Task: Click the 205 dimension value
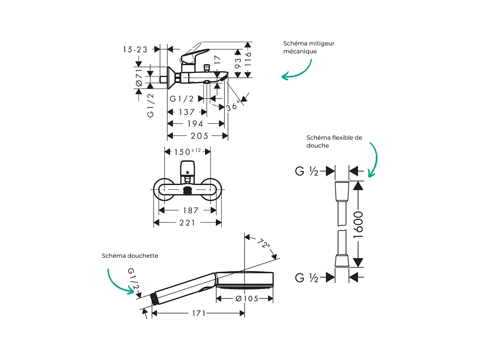[200, 136]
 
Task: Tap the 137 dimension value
[186, 112]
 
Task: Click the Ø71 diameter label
[139, 77]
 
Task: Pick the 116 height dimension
[248, 59]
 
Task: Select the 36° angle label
[233, 106]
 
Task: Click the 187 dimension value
[191, 210]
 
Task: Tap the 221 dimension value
[187, 223]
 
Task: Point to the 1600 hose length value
[358, 224]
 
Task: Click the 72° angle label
[264, 244]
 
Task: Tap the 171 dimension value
[198, 313]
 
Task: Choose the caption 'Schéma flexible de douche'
[334, 141]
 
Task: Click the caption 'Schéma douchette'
[130, 256]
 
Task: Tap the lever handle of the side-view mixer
[195, 55]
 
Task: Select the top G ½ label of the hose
[307, 172]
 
